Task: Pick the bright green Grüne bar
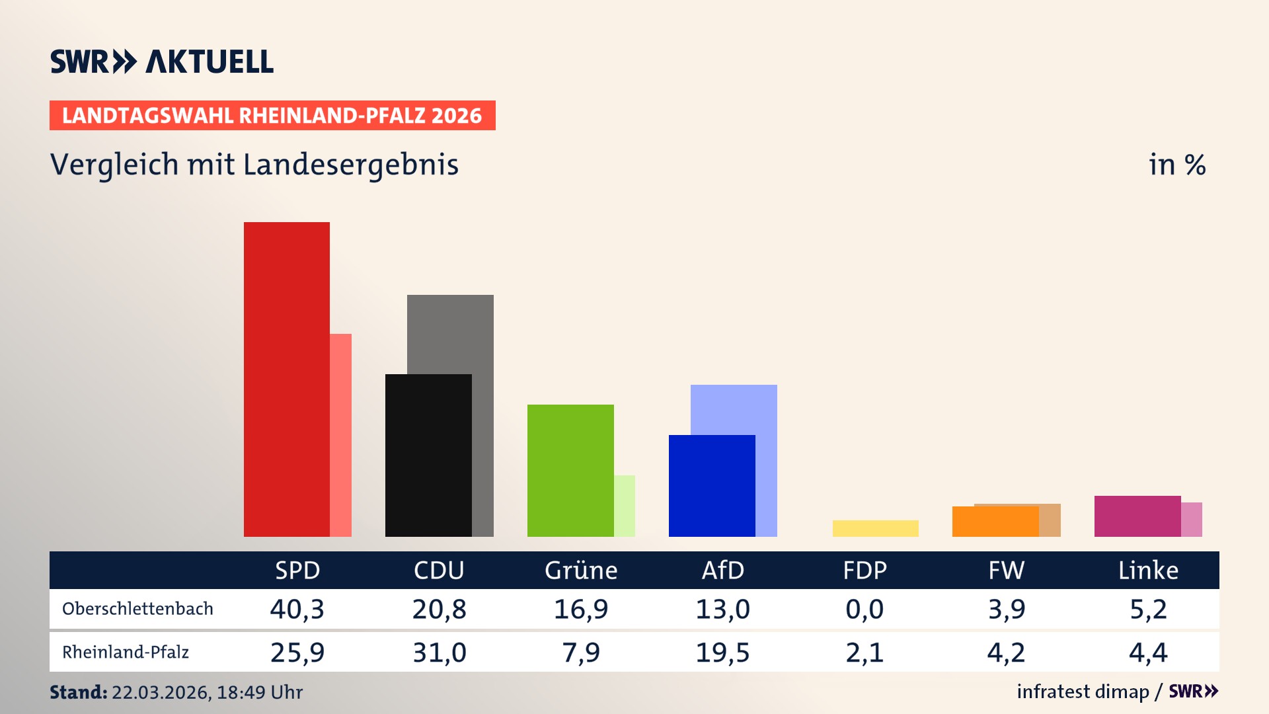570,470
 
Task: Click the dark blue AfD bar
711,485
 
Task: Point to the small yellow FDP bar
875,528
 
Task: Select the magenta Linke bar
1137,516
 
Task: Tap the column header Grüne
580,570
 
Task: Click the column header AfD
722,570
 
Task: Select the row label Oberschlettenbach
137,608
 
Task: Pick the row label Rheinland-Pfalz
126,652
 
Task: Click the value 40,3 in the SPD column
297,609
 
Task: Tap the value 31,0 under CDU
439,653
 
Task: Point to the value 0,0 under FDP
865,609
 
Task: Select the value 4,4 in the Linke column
1148,653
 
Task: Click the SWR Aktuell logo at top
162,61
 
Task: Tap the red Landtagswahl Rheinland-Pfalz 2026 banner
272,115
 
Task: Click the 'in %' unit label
1176,165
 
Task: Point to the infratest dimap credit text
1083,692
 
